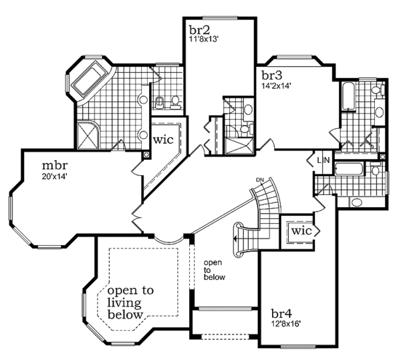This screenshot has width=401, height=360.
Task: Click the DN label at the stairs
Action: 261,180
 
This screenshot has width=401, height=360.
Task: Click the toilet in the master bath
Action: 160,102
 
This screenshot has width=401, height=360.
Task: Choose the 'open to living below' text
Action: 130,302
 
